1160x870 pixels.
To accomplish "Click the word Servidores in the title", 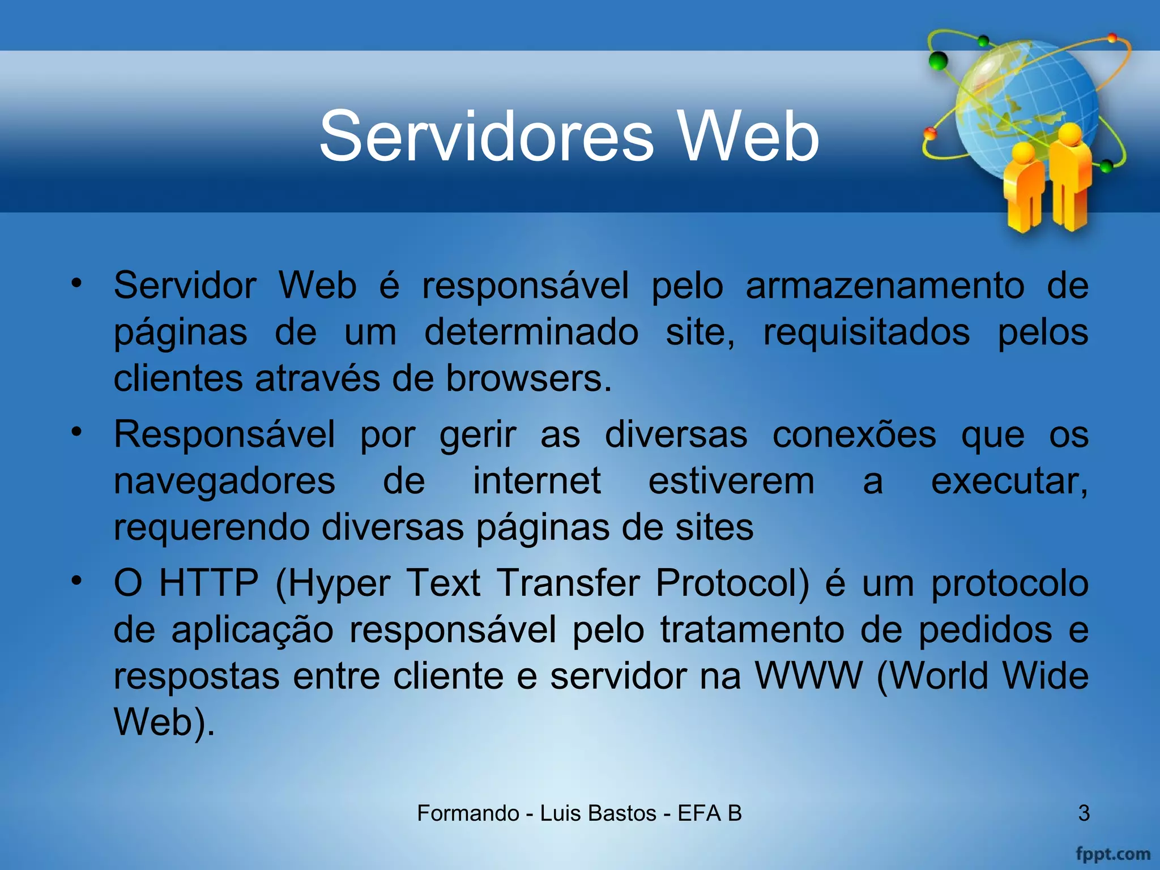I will [x=487, y=137].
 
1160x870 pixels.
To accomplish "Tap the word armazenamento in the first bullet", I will [x=885, y=286].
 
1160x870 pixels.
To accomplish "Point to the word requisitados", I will [x=866, y=332].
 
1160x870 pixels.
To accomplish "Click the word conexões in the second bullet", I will [x=854, y=435].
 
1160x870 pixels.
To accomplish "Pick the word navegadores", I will [x=224, y=482].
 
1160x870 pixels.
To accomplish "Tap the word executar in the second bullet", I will [x=1009, y=481].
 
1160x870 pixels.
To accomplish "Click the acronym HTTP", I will [x=208, y=583].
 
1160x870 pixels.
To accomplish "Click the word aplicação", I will [x=253, y=630].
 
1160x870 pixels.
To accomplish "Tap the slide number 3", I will [x=1084, y=813].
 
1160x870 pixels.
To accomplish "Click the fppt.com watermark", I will [x=1112, y=854].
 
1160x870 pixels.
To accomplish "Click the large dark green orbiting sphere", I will [x=939, y=60].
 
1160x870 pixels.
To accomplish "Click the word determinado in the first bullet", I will [x=531, y=332].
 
